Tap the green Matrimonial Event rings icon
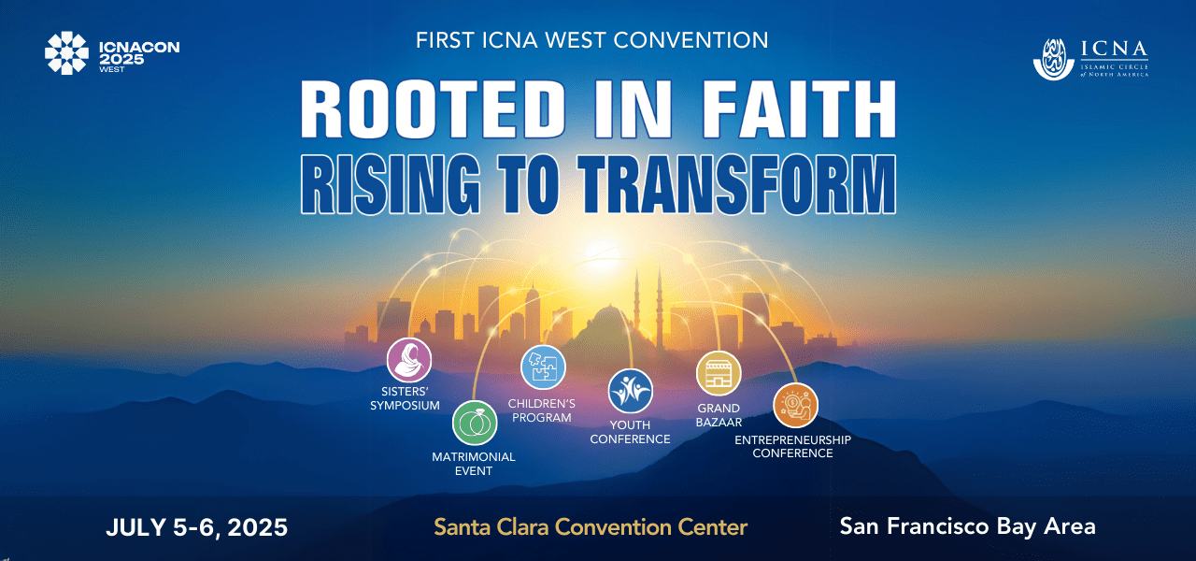tap(475, 423)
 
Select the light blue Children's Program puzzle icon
tap(543, 367)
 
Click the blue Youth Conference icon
tap(631, 391)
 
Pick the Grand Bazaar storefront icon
tap(719, 374)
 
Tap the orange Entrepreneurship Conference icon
tap(795, 406)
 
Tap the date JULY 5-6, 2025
tap(196, 527)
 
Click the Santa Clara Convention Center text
tap(591, 527)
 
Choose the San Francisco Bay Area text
tap(967, 526)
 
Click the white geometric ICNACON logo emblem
tap(67, 53)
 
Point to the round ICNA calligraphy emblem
tap(1054, 59)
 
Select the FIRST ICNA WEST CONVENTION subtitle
tap(592, 40)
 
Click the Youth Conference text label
tap(630, 432)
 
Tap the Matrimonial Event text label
tap(474, 464)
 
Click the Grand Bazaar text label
tap(719, 415)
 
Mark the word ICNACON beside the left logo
tap(139, 46)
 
